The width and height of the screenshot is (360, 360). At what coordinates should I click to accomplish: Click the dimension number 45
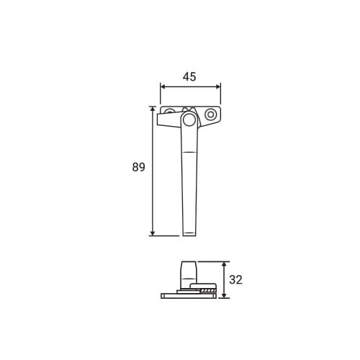point(189,77)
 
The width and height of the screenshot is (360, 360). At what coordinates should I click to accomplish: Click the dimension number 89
point(139,167)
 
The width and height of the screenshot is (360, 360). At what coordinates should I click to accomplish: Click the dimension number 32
point(235,280)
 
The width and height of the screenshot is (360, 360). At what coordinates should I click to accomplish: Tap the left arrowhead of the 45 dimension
point(163,86)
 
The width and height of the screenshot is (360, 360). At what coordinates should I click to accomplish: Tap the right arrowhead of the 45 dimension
point(217,86)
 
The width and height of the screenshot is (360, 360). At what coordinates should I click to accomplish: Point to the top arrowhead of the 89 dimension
point(153,109)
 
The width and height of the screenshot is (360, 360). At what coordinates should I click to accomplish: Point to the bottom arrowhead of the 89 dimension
point(153,233)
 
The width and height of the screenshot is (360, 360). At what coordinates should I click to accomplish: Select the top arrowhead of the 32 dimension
point(224,264)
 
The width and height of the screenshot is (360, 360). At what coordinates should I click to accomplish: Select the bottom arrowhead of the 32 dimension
point(224,295)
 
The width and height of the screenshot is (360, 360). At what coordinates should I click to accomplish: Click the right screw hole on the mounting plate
point(210,114)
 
